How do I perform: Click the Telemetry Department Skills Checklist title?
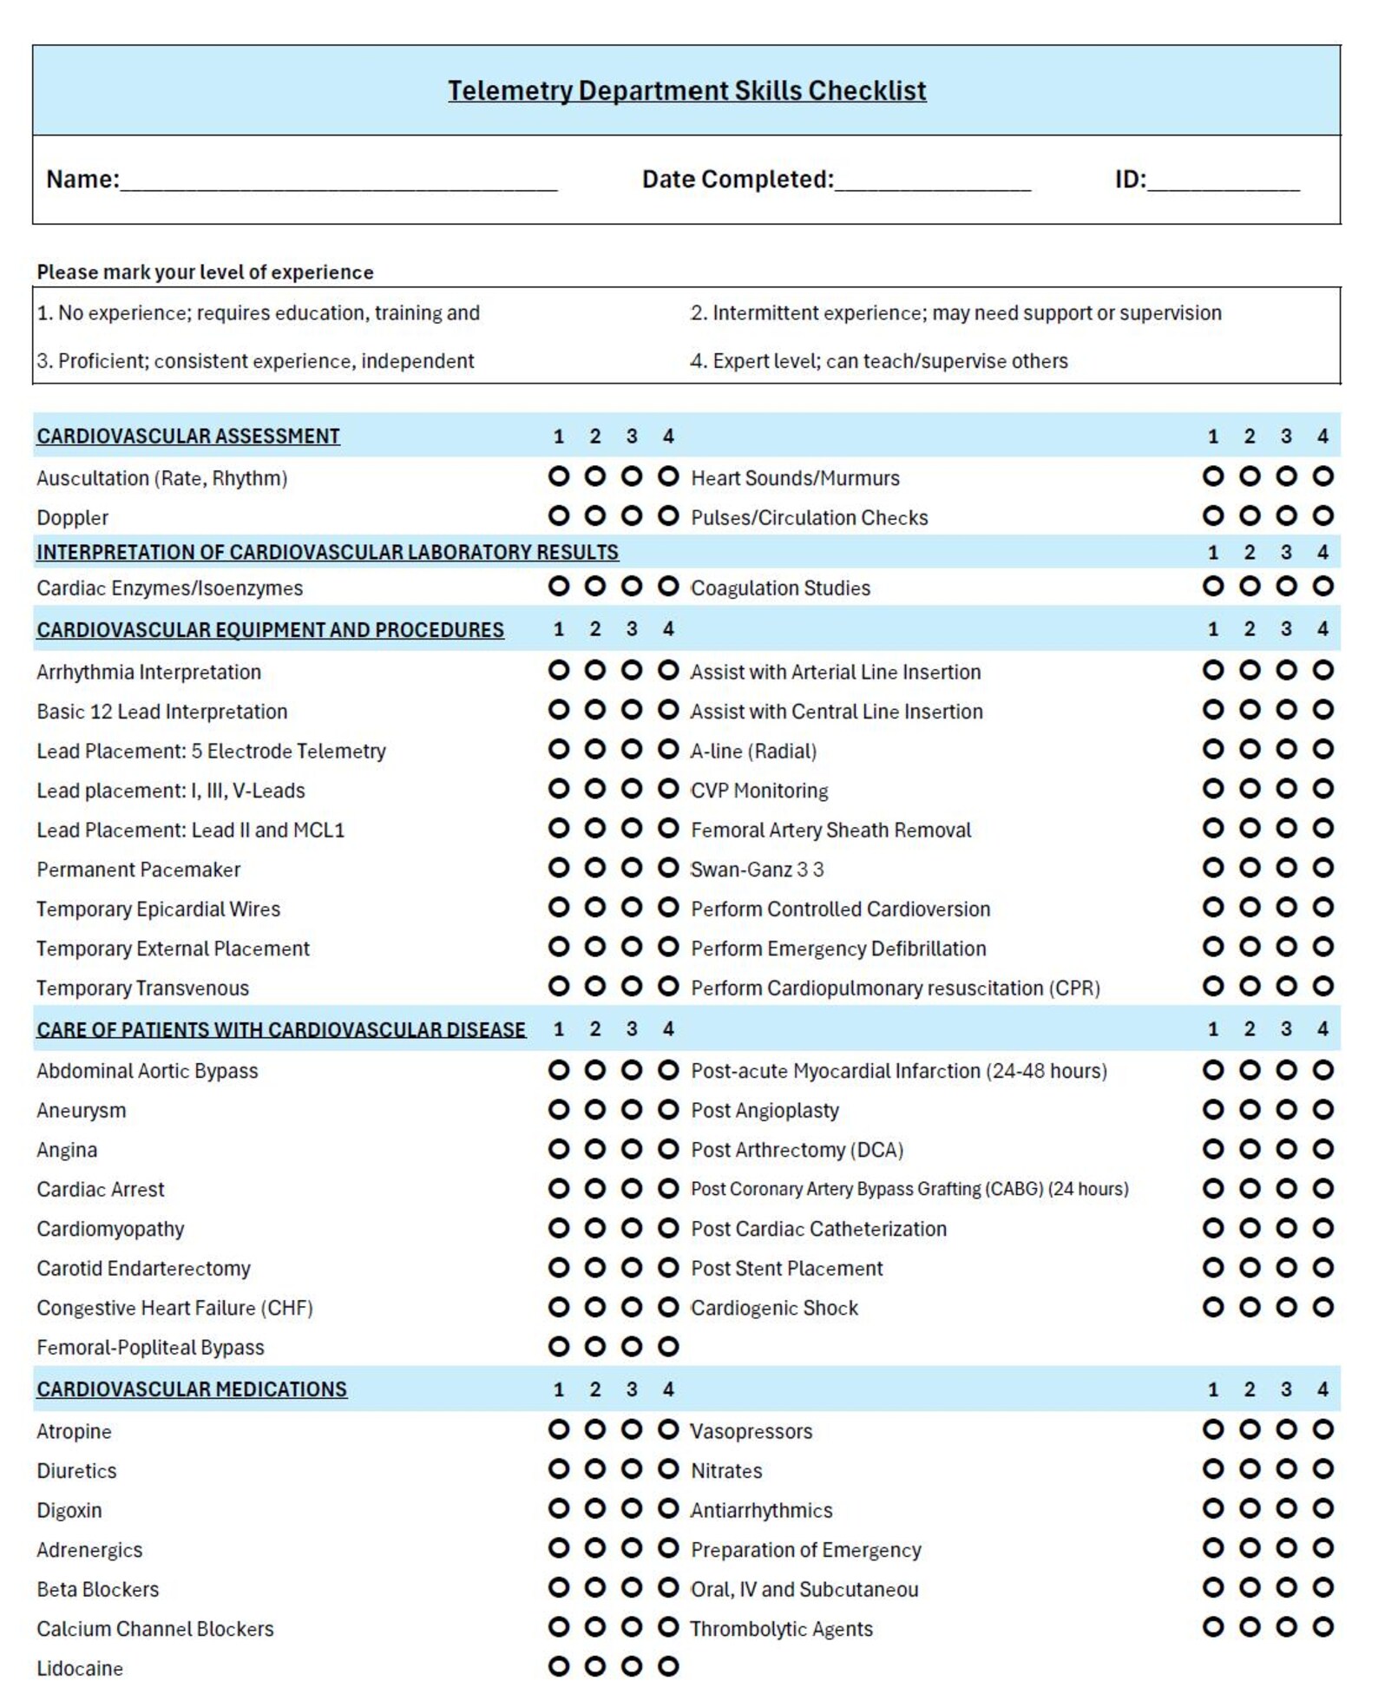pyautogui.click(x=686, y=90)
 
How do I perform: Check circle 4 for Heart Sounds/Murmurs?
pyautogui.click(x=1322, y=477)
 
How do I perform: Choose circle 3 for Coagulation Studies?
pyautogui.click(x=1286, y=588)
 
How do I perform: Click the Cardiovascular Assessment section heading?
pyautogui.click(x=188, y=437)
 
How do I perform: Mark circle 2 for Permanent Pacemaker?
pyautogui.click(x=595, y=869)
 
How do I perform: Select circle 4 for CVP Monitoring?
pyautogui.click(x=1322, y=790)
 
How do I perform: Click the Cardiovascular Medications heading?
pyautogui.click(x=192, y=1390)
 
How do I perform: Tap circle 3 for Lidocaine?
pyautogui.click(x=632, y=1667)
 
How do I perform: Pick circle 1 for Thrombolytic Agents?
pyautogui.click(x=1213, y=1628)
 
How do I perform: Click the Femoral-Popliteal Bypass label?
pyautogui.click(x=150, y=1349)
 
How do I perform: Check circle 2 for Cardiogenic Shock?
pyautogui.click(x=1250, y=1308)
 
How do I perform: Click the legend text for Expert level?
pyautogui.click(x=879, y=362)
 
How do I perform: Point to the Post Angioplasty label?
pyautogui.click(x=764, y=1112)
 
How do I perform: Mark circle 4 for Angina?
pyautogui.click(x=668, y=1150)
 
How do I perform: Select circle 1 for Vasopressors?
pyautogui.click(x=1213, y=1430)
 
